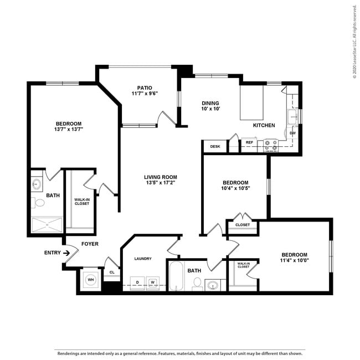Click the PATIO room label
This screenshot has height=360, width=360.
click(x=145, y=88)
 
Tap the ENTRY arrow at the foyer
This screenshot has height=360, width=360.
click(x=68, y=253)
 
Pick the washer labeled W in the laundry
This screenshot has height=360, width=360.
click(x=152, y=282)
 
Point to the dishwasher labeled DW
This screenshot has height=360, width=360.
click(x=292, y=133)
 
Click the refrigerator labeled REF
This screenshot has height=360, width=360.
click(x=249, y=143)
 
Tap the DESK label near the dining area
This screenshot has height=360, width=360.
click(x=215, y=147)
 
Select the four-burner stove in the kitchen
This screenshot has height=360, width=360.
click(x=270, y=145)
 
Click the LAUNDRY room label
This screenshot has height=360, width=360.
click(x=142, y=259)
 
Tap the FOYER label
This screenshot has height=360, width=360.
click(x=90, y=244)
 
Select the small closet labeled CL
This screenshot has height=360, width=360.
click(x=112, y=272)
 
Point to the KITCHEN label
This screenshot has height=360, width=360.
click(x=264, y=125)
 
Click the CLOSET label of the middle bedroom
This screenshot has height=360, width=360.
click(x=243, y=225)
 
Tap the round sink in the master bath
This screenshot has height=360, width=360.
click(x=37, y=184)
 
